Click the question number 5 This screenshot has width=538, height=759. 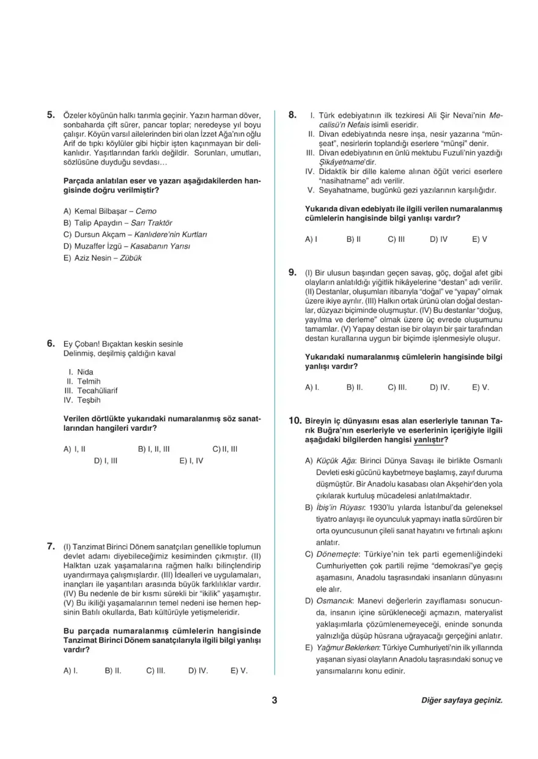click(51, 114)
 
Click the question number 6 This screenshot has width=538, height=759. click(51, 343)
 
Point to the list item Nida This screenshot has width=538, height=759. click(86, 372)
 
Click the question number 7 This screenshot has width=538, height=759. click(51, 546)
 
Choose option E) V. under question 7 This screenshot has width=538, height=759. click(239, 670)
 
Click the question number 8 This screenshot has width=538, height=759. click(293, 114)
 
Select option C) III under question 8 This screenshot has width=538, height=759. click(396, 240)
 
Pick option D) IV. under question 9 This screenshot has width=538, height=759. click(440, 387)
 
